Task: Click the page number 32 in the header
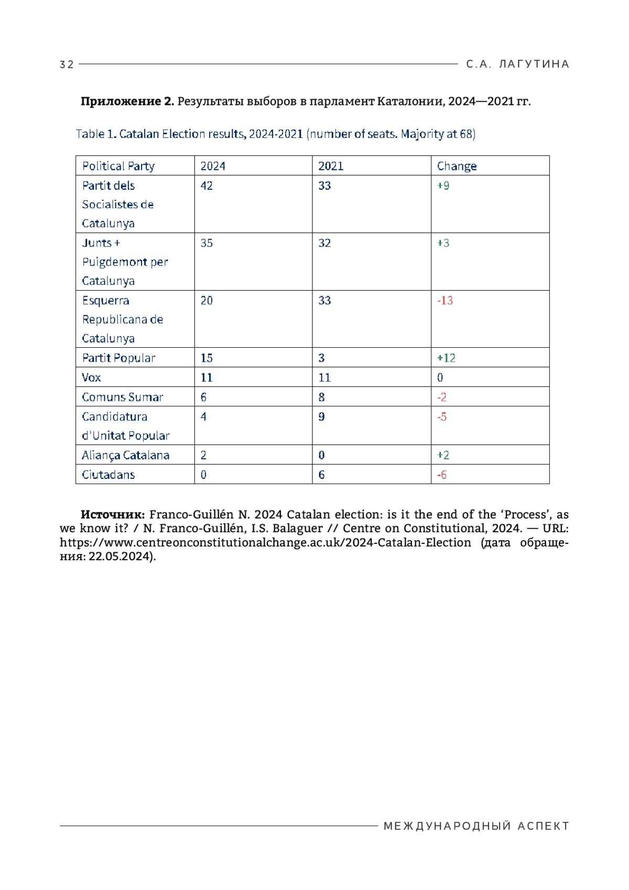coord(67,65)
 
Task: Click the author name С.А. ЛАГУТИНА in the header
coord(517,64)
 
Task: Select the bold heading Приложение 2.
coord(127,101)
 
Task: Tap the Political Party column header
coord(118,166)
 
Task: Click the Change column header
coord(457,166)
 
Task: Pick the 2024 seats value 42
coord(207,186)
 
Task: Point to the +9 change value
coord(443,186)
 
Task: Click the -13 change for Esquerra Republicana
coord(445,301)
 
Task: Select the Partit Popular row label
coord(118,358)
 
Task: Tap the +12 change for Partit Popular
coord(446,358)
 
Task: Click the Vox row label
coord(91,378)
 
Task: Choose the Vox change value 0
coord(440,378)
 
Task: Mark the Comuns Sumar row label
coord(122,397)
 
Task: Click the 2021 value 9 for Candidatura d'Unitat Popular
coord(321,417)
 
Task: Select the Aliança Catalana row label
coord(125,455)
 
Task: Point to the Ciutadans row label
coord(108,475)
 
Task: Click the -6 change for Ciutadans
coord(442,475)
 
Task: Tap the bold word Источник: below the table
coord(113,514)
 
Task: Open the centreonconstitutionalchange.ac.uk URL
coord(265,542)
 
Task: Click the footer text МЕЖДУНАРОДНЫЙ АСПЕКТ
coord(476,826)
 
